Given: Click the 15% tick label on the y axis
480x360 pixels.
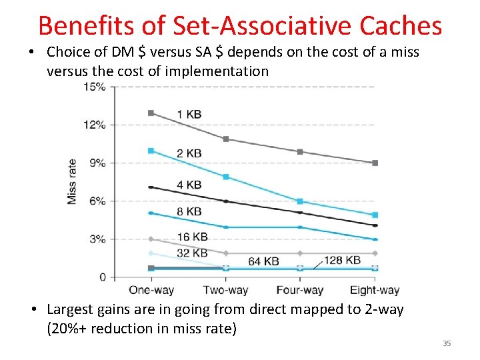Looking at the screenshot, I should (94, 87).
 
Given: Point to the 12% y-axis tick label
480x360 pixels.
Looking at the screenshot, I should (94, 125).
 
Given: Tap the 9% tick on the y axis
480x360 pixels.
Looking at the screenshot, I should (97, 163).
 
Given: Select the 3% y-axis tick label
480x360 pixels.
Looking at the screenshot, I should (97, 239).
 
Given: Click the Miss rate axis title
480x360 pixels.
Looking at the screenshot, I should (71, 181).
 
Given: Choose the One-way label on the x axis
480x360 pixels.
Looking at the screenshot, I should (151, 290).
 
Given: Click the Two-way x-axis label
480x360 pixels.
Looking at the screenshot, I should (226, 290).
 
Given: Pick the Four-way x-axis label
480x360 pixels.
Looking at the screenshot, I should (300, 290).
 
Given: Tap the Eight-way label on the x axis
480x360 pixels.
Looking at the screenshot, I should (375, 290).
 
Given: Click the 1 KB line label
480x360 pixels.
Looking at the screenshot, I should (189, 115).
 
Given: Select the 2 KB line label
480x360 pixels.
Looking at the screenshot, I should (189, 153).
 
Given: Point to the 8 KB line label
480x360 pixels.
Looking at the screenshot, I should (189, 211).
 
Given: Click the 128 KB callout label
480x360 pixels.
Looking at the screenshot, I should (343, 260).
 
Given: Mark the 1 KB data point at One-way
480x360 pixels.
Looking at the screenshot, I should (151, 113).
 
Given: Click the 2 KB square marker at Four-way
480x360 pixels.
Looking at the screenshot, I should (300, 201).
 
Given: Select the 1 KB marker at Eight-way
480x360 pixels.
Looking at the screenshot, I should (375, 163).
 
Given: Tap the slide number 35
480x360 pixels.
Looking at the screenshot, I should (447, 343).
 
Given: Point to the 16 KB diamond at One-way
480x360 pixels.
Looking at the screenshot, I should (151, 239).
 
